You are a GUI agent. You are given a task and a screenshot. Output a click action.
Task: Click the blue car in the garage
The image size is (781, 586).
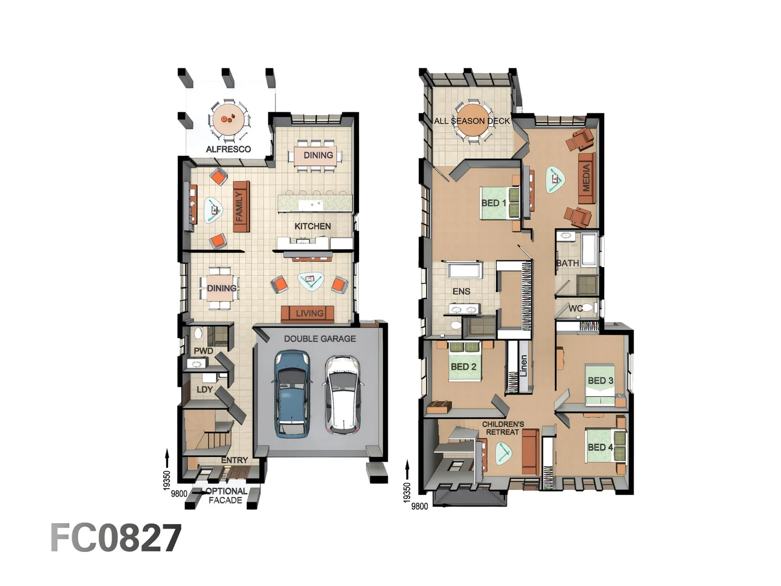[x=292, y=393]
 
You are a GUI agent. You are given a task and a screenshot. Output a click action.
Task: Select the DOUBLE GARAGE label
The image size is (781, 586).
[x=320, y=339]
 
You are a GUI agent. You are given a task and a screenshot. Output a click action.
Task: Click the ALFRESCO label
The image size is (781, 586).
[x=228, y=149]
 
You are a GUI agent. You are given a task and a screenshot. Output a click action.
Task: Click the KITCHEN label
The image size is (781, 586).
[x=312, y=226]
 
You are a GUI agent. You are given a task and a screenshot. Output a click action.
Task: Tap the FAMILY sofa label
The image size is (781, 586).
[x=240, y=207]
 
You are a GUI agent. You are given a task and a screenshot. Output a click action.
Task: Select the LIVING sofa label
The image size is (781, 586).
[x=309, y=313]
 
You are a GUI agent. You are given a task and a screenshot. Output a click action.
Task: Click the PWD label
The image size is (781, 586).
[x=203, y=351]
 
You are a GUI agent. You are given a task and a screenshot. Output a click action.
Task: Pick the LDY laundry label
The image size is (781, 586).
[x=204, y=390]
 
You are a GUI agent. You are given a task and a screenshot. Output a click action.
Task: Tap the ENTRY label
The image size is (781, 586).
[x=234, y=460]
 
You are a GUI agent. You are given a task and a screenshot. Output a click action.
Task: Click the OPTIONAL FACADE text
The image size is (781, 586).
[x=226, y=495]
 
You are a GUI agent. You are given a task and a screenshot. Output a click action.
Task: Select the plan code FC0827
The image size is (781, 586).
[x=116, y=538]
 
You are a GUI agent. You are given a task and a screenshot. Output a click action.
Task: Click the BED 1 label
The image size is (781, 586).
[x=494, y=203]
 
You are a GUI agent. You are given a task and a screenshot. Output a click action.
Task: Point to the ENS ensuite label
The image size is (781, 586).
[x=462, y=291]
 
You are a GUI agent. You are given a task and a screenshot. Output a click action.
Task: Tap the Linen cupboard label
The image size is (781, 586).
[x=523, y=366]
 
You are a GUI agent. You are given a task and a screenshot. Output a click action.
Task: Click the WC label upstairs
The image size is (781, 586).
[x=575, y=308]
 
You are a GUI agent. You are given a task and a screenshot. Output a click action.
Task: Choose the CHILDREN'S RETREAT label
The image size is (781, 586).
[x=503, y=428]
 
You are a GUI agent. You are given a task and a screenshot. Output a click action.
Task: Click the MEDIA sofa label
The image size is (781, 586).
[x=586, y=178]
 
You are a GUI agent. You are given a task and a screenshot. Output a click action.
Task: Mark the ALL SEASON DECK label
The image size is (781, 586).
[x=472, y=121]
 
